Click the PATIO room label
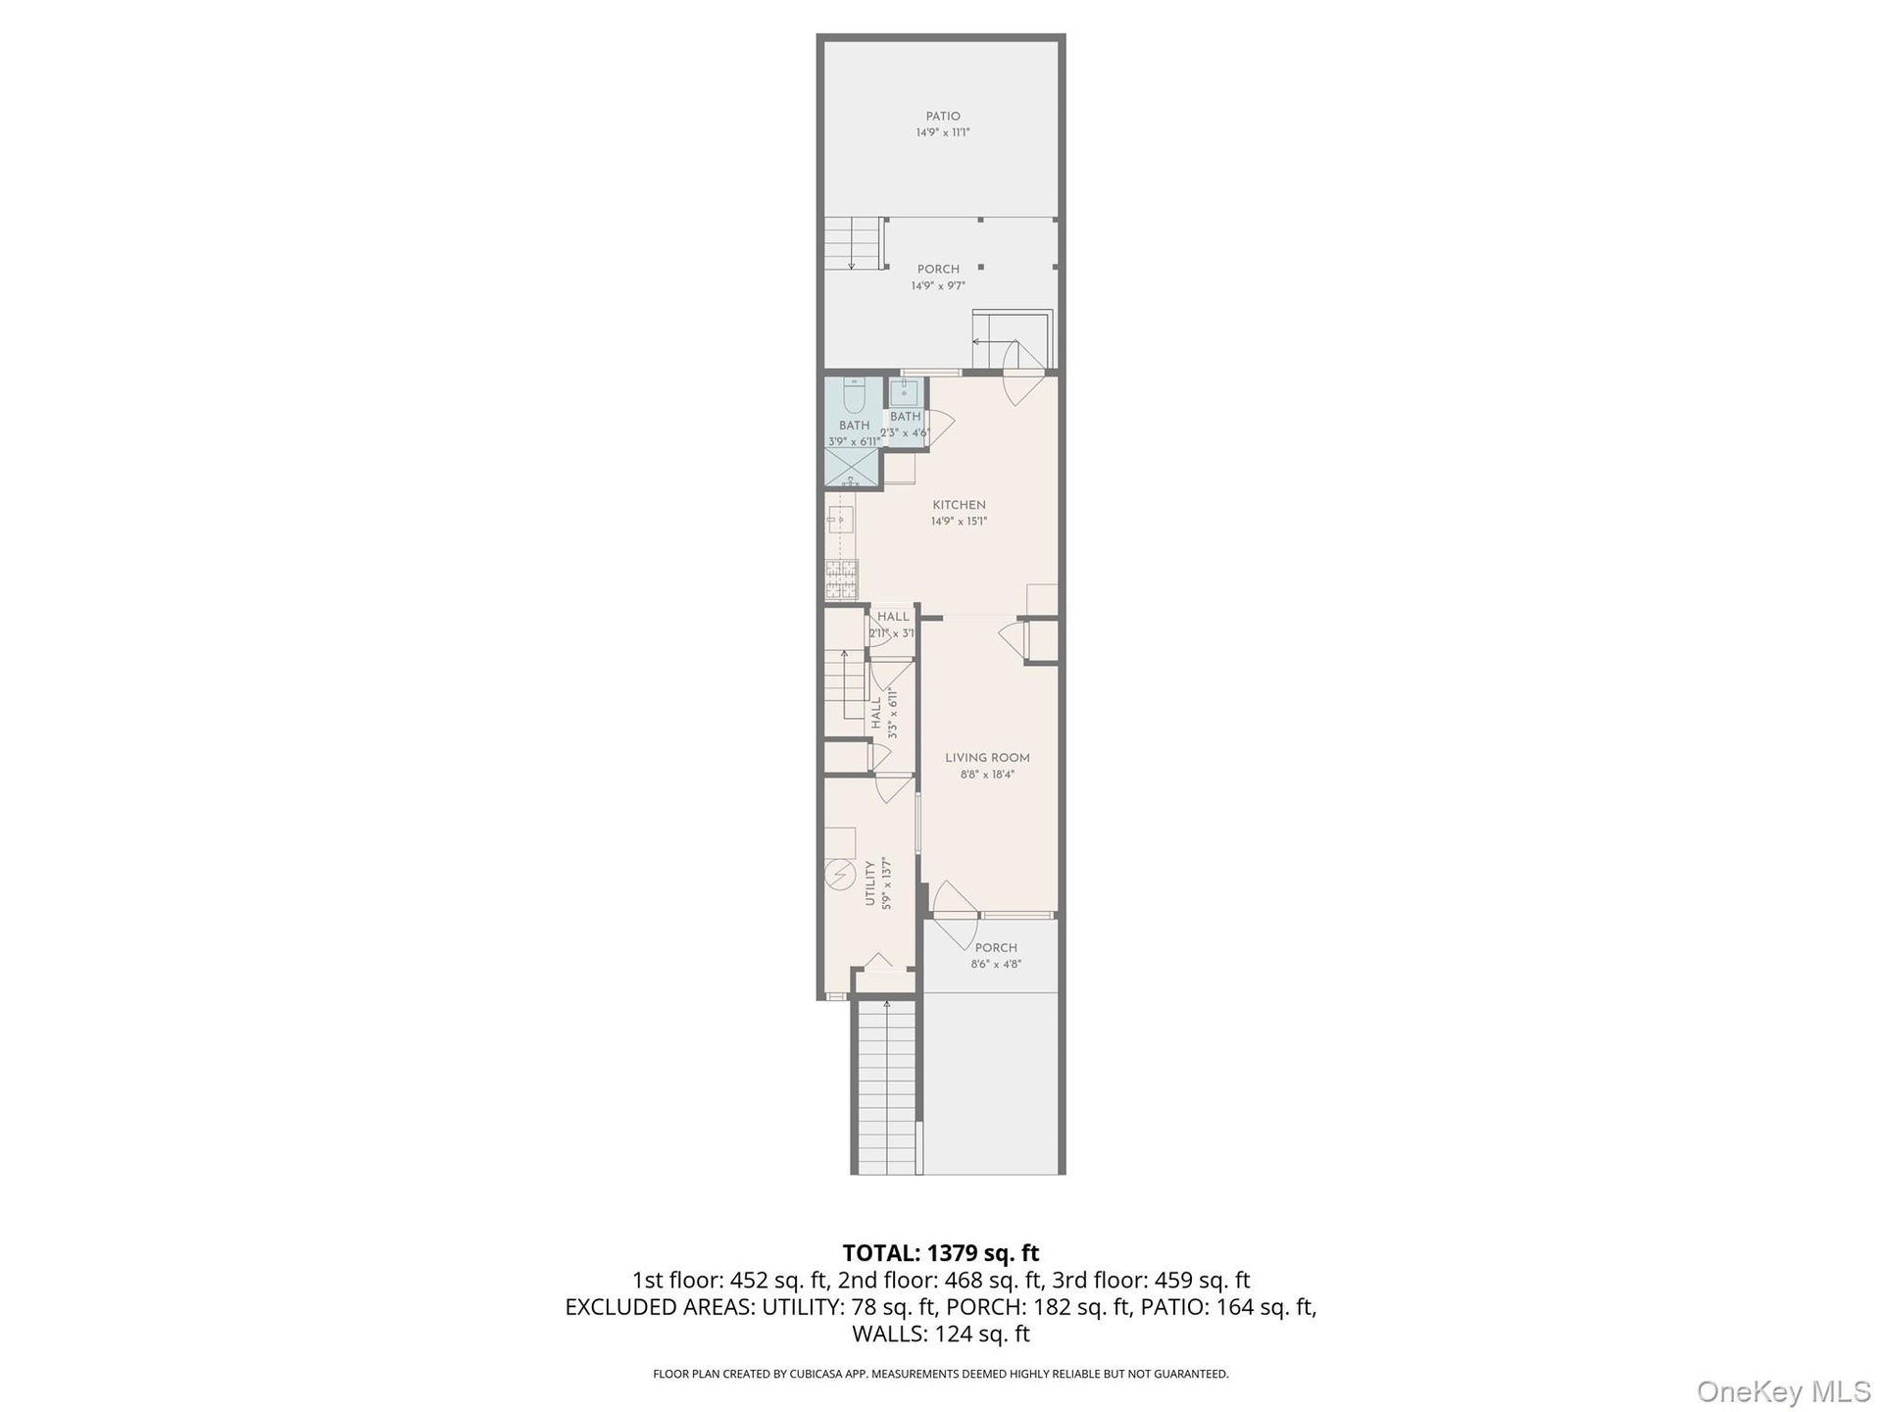click(943, 117)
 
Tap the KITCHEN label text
click(959, 505)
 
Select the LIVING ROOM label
click(987, 758)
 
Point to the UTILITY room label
click(869, 882)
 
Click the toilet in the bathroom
click(853, 394)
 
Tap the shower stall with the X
click(853, 468)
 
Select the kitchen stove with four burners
click(841, 579)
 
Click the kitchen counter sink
click(840, 519)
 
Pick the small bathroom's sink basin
click(904, 392)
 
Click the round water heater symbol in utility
click(840, 875)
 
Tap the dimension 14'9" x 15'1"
click(959, 522)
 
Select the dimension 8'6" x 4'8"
click(996, 965)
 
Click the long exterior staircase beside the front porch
click(887, 1086)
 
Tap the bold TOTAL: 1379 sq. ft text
click(941, 1253)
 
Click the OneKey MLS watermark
click(1784, 1390)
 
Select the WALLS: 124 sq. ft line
click(941, 1334)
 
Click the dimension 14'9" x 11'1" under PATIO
click(943, 132)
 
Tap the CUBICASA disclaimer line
click(941, 1375)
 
